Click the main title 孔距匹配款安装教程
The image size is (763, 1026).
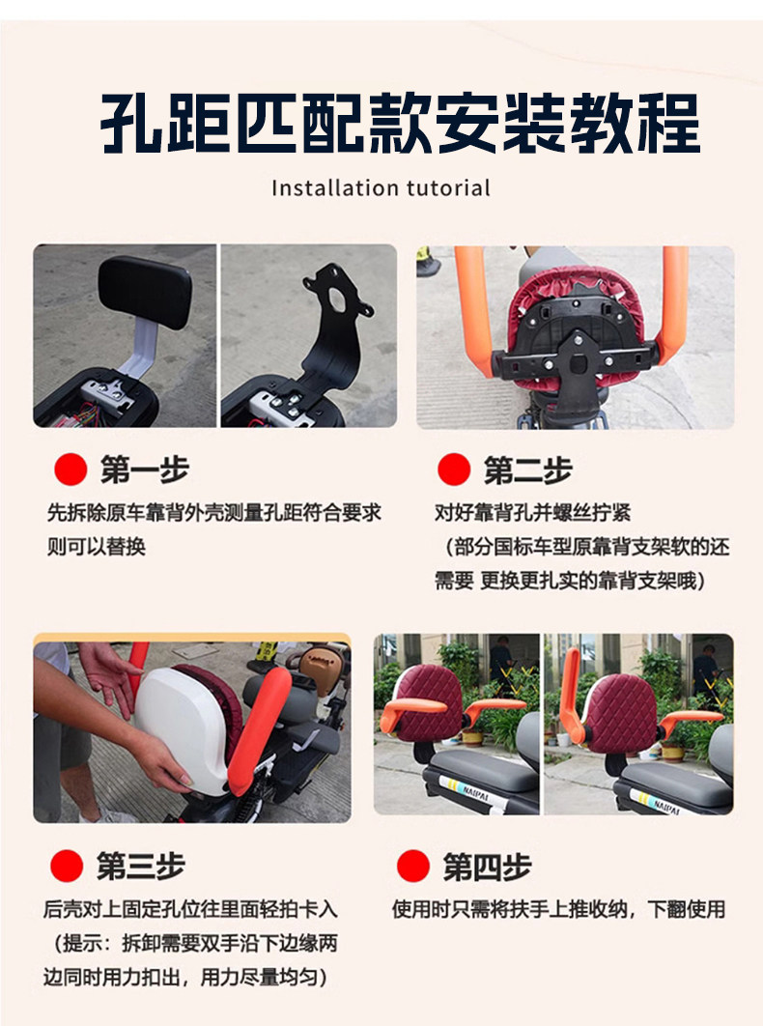point(400,124)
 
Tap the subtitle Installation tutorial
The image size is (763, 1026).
point(381,188)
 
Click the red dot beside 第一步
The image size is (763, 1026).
point(71,470)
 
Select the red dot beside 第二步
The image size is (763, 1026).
point(454,470)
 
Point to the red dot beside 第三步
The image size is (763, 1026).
point(67,866)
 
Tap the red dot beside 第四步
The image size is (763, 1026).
point(413,866)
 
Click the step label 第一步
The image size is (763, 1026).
point(145,470)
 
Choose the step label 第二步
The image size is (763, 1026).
point(528,470)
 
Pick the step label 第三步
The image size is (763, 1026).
point(141,867)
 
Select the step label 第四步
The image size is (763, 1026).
point(487,867)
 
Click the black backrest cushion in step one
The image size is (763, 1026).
point(145,291)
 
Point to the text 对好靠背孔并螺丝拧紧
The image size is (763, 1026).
point(533,512)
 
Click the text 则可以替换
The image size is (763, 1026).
point(96,546)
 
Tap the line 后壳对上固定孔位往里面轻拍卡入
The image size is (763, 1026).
point(190,909)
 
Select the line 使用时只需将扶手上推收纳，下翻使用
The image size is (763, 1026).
point(559,909)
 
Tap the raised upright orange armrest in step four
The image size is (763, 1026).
point(571,694)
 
